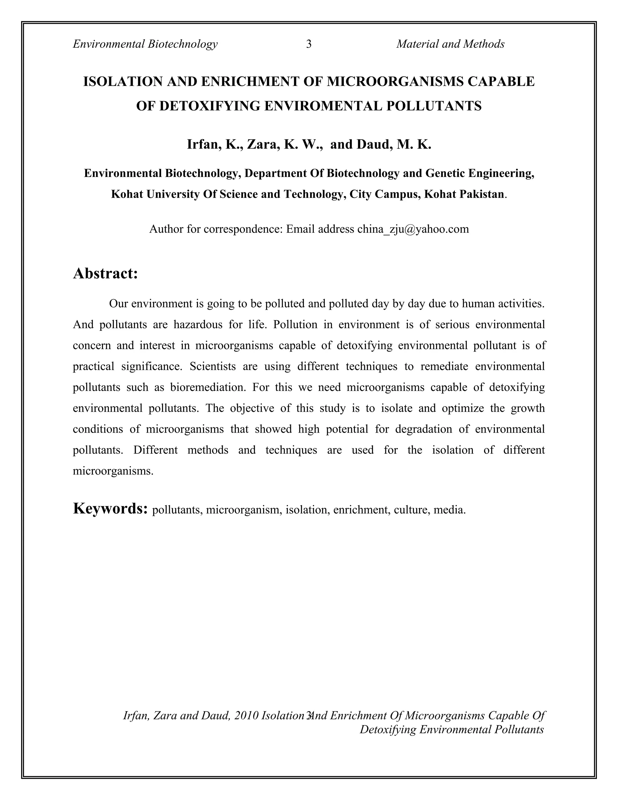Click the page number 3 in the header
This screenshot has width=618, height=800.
click(x=309, y=44)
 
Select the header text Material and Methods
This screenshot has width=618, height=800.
click(x=450, y=44)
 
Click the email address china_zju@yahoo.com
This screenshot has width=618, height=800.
click(x=413, y=229)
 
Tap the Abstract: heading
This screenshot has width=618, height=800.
click(x=105, y=274)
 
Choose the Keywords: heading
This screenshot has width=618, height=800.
click(x=110, y=508)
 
